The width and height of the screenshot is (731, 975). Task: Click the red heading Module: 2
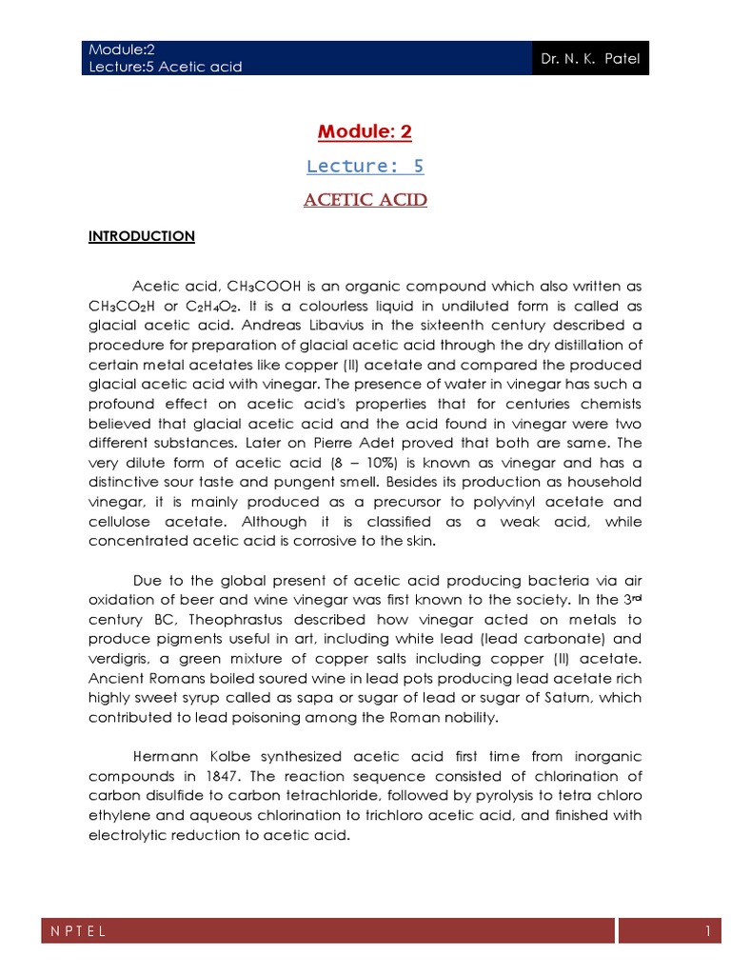coord(365,132)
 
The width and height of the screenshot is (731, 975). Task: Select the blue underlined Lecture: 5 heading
coord(365,167)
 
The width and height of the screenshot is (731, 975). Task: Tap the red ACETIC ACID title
coord(365,200)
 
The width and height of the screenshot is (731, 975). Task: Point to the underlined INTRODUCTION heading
coord(142,236)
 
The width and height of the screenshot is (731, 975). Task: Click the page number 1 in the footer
coord(708,933)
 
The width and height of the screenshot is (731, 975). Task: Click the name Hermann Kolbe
coord(189,757)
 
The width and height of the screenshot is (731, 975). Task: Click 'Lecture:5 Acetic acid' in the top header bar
coord(166,67)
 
